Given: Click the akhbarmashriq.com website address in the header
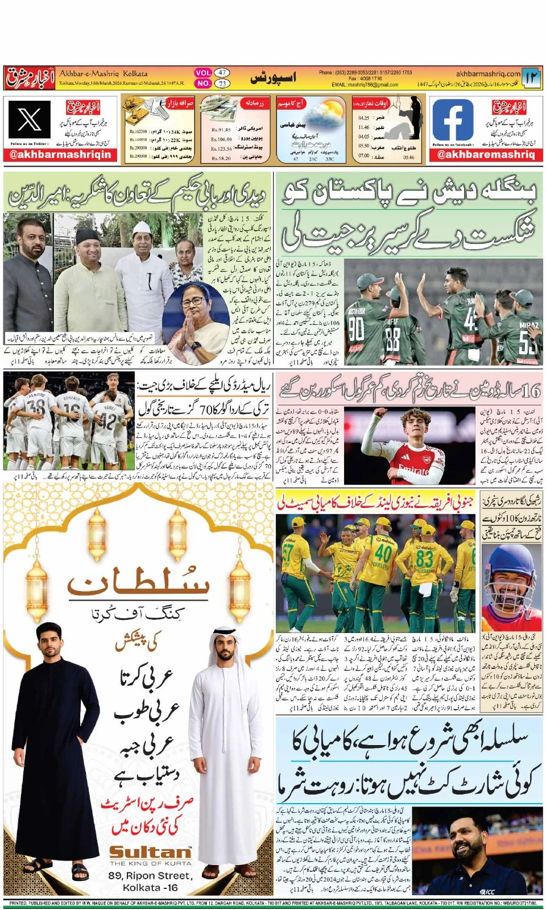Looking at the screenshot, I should tap(488, 73).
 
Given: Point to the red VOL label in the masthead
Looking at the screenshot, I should tap(203, 73).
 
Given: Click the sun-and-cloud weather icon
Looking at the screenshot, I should tap(326, 113).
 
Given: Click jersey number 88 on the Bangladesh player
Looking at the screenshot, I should tap(392, 339).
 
